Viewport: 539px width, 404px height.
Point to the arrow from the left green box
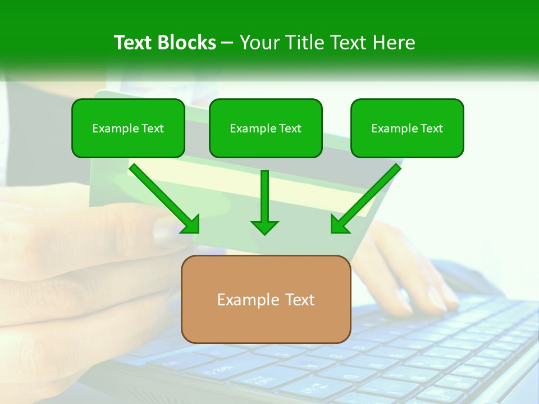point(163,196)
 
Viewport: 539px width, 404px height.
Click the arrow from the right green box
point(368,196)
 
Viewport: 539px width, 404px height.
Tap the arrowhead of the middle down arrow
point(264,226)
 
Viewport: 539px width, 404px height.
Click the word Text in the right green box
point(431,128)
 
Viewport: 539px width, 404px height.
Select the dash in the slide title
point(227,43)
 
